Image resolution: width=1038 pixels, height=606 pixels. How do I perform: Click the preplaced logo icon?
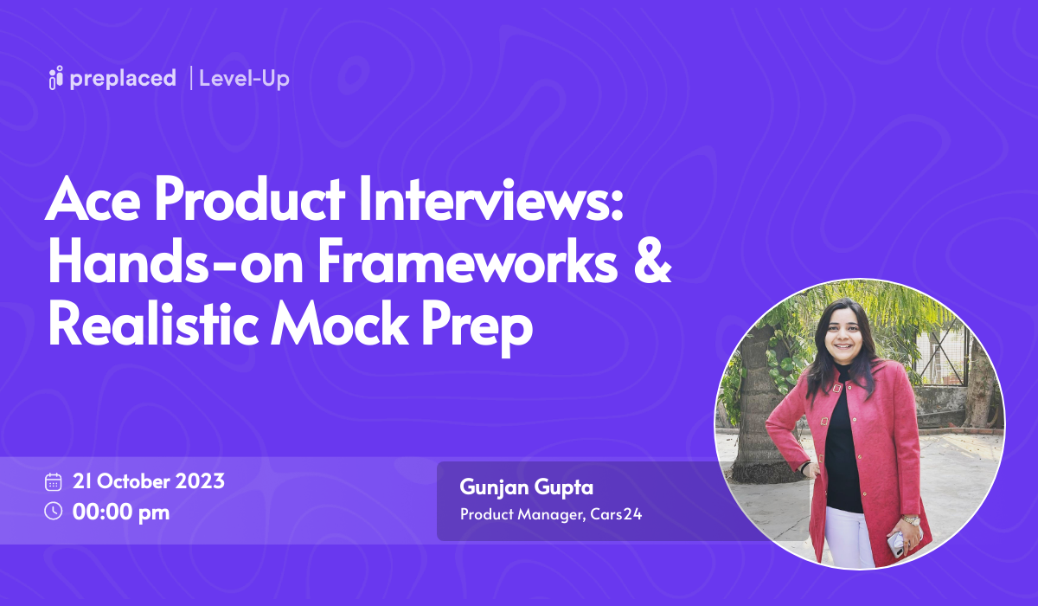click(x=57, y=78)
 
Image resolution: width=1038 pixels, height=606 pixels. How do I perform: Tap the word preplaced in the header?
click(x=123, y=79)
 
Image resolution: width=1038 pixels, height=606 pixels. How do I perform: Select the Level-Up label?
click(x=244, y=79)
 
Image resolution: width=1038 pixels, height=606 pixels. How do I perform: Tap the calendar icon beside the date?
click(x=54, y=482)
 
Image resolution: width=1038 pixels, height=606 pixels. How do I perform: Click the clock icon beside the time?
click(x=54, y=511)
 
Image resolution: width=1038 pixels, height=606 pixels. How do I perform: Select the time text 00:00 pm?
click(x=121, y=512)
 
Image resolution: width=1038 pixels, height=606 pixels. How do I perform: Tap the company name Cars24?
click(x=621, y=515)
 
